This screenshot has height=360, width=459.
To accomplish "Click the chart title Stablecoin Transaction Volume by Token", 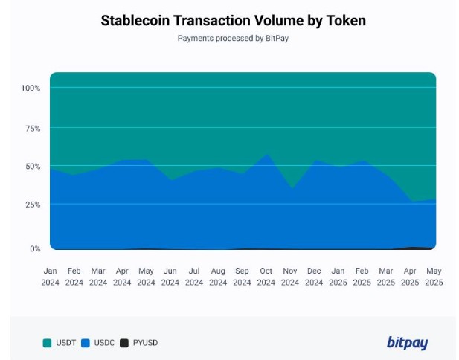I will tap(233, 20).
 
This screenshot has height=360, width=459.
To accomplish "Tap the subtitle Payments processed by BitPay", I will tap(233, 38).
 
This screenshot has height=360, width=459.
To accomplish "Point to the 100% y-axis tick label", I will tap(31, 89).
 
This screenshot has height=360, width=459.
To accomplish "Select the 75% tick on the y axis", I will tap(32, 128).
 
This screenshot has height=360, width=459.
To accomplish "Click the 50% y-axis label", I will tap(32, 166).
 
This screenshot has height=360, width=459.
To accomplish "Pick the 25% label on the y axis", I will tap(32, 205).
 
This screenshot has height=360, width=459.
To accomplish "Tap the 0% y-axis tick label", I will tap(34, 248).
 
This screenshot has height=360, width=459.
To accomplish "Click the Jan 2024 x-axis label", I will tap(51, 276).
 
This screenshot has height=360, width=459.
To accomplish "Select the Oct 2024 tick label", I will tap(266, 276).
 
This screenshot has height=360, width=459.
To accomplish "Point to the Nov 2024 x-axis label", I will tap(290, 276).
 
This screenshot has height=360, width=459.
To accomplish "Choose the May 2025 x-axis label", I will tap(434, 276).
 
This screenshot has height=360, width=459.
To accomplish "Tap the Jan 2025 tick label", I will tap(338, 276).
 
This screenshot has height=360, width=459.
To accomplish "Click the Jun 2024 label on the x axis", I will tap(170, 276).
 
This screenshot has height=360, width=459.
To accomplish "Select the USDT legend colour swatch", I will tap(47, 343).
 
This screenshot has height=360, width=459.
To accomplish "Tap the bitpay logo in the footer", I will tap(407, 342).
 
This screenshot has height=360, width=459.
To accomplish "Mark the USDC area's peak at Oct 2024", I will tap(266, 155).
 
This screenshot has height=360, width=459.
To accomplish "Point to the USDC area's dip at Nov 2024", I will tap(290, 189).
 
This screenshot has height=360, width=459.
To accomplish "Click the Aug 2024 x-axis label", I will tap(218, 276).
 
